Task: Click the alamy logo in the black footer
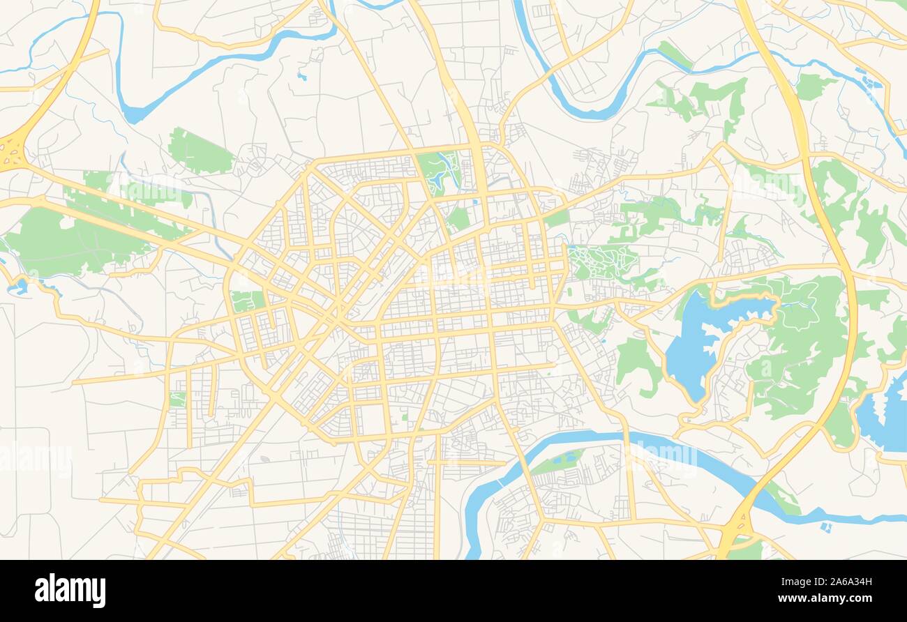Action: pos(70,590)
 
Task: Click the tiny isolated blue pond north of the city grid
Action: pos(301,75)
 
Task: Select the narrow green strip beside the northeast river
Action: pos(674,54)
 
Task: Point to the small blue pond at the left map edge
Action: pos(18,285)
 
